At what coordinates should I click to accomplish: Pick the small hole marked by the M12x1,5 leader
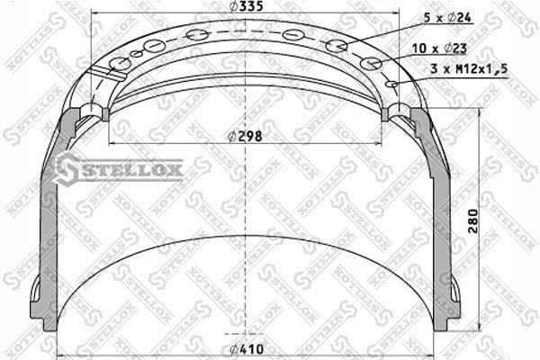pos(391,84)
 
